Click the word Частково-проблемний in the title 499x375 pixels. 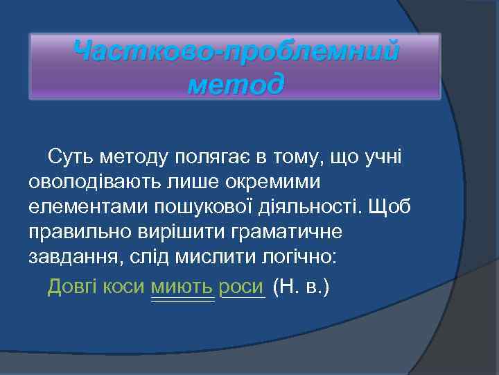point(236,52)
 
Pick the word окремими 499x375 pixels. point(271,183)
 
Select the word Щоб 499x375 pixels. point(391,207)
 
